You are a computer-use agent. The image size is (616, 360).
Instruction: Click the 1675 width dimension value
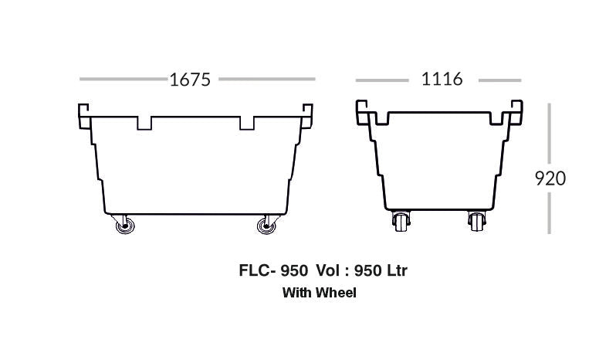tap(190, 80)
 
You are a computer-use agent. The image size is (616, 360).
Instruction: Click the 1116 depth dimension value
tap(442, 79)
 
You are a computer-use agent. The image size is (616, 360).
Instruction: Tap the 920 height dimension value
tap(550, 178)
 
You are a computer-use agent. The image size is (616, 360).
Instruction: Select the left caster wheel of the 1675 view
tap(124, 226)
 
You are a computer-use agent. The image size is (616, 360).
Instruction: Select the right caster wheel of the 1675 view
tap(267, 226)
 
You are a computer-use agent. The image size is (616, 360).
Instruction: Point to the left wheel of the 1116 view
tap(401, 221)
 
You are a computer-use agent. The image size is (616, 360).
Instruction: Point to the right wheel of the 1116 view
tap(476, 221)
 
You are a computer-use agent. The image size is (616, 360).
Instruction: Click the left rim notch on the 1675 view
tap(144, 123)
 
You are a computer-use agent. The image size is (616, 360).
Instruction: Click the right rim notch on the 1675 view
tap(247, 123)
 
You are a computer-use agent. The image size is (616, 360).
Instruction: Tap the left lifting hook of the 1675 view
tap(83, 116)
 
